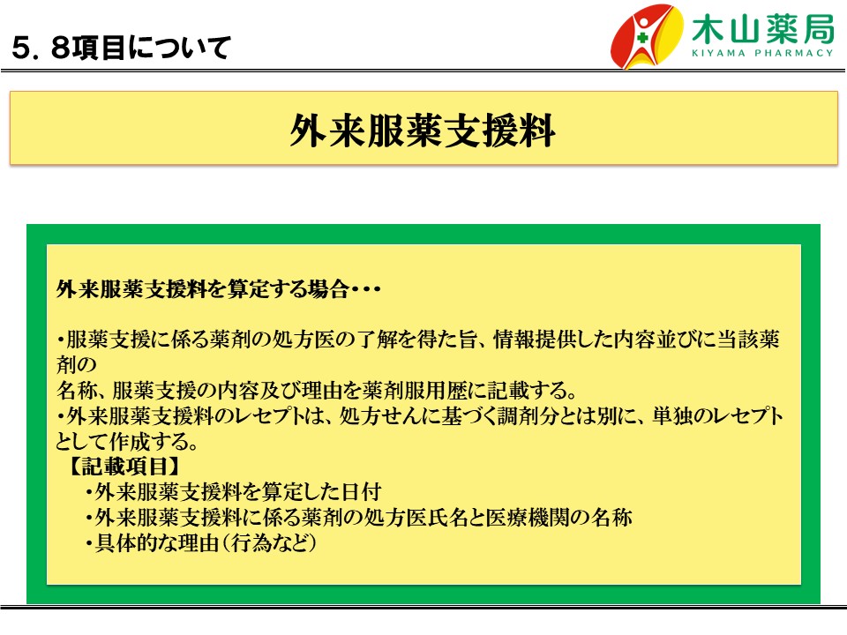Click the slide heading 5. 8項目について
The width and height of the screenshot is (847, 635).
click(121, 48)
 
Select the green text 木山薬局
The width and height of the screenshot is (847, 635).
click(762, 28)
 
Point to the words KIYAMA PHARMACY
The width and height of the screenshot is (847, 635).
click(762, 53)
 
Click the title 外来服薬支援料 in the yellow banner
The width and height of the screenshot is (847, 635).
click(423, 131)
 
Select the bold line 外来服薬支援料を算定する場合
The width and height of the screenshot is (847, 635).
click(203, 289)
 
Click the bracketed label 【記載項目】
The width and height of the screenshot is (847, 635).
click(124, 466)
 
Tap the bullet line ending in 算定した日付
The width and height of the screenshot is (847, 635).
click(233, 492)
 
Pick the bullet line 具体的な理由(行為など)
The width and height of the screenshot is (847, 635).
click(201, 542)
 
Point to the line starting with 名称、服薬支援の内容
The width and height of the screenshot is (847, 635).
click(317, 390)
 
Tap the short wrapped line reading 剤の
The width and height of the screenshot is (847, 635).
click(76, 364)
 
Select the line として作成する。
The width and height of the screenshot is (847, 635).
click(127, 441)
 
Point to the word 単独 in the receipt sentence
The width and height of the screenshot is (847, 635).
click(672, 415)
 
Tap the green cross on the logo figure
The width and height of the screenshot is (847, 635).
click(641, 38)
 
